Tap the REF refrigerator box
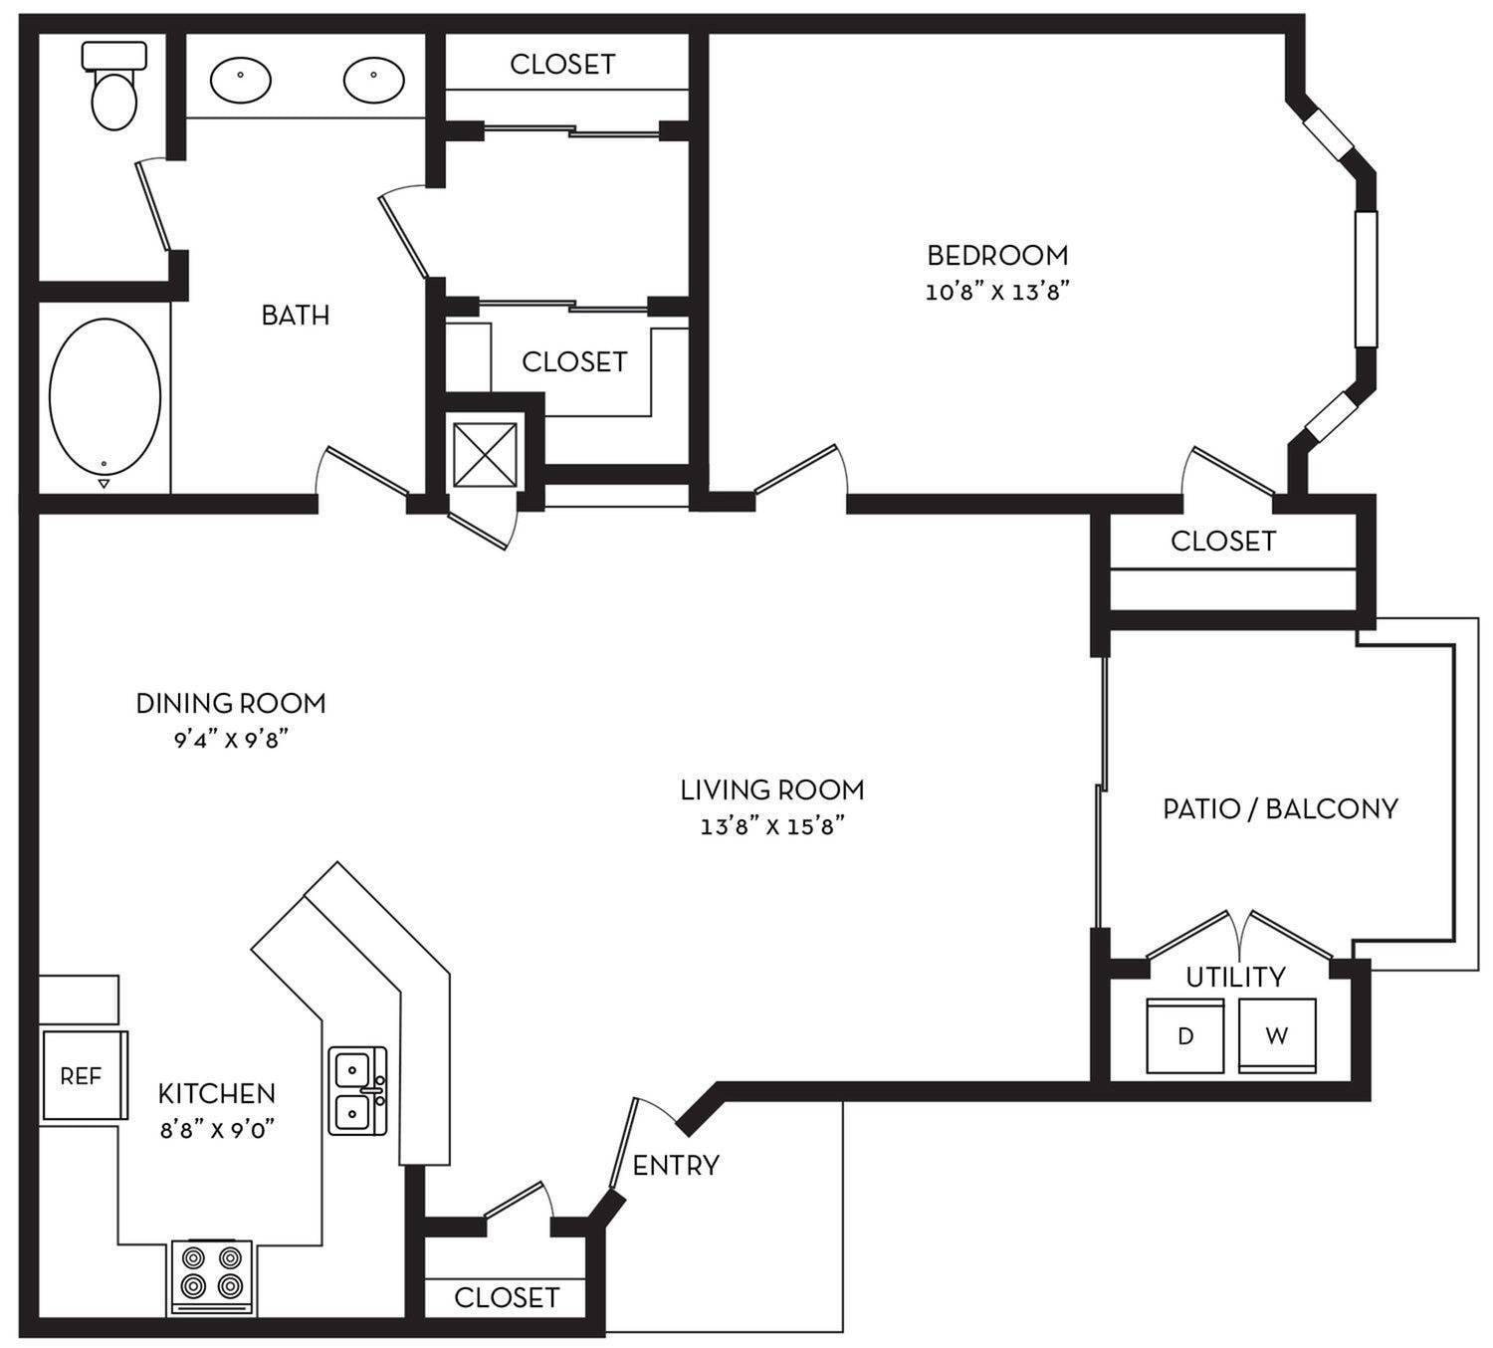click(83, 1076)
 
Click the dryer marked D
click(1185, 1036)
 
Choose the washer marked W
click(1277, 1036)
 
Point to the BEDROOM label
click(997, 256)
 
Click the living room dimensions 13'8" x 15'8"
click(772, 827)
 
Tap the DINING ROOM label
click(231, 704)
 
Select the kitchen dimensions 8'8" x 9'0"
click(216, 1130)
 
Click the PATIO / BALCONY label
click(1280, 808)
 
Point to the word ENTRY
click(676, 1166)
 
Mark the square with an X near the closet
click(485, 455)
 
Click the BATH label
click(295, 316)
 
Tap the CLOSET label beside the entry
click(507, 1298)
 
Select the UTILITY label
click(1235, 978)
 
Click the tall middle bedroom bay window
click(1366, 279)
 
